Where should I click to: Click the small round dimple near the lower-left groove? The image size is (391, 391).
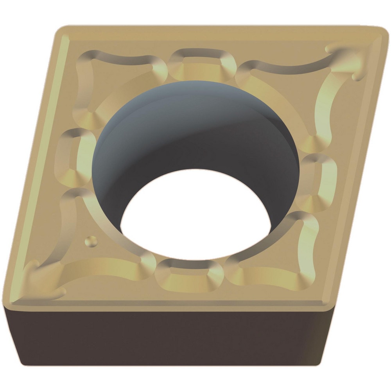click(91, 241)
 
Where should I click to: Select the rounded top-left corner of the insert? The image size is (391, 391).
click(63, 31)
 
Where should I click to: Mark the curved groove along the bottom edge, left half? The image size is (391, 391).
click(106, 270)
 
